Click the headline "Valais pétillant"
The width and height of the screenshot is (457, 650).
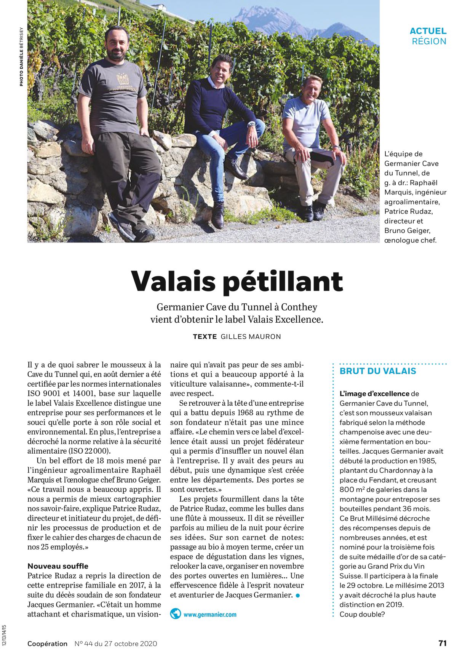pyautogui.click(x=237, y=281)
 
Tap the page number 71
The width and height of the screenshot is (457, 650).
pyautogui.click(x=442, y=643)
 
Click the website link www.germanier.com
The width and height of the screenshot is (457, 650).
pyautogui.click(x=210, y=614)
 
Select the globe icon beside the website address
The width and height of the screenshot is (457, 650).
pyautogui.click(x=176, y=614)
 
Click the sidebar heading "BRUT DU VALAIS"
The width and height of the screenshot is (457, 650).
pyautogui.click(x=378, y=371)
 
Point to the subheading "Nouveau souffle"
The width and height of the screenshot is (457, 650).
pyautogui.click(x=58, y=566)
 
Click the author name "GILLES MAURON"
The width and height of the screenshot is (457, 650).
pyautogui.click(x=251, y=336)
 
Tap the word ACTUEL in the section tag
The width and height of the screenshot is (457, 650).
pyautogui.click(x=428, y=31)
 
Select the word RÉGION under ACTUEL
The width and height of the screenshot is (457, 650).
pyautogui.click(x=429, y=41)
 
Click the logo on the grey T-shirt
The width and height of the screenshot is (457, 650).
pyautogui.click(x=123, y=81)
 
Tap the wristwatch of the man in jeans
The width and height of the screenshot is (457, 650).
pyautogui.click(x=251, y=124)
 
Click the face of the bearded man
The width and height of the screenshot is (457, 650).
pyautogui.click(x=116, y=43)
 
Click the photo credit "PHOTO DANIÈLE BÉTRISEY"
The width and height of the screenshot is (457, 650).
pyautogui.click(x=21, y=56)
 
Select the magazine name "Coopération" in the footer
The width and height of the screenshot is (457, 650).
pyautogui.click(x=47, y=644)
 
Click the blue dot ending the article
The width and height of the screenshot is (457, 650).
pyautogui.click(x=297, y=595)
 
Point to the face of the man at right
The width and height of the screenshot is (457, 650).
pyautogui.click(x=313, y=89)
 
